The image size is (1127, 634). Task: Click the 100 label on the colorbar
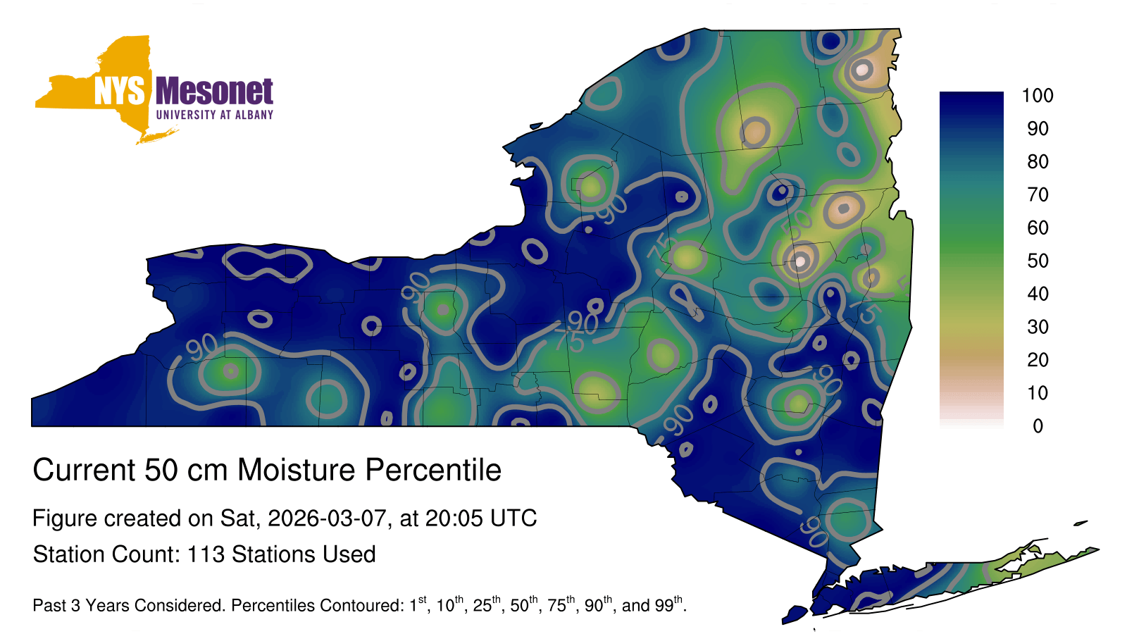1038,96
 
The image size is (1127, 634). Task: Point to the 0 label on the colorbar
1038,426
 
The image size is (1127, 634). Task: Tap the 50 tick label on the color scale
1038,261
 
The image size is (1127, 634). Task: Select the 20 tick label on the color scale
1038,360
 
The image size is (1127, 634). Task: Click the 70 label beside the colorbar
1038,194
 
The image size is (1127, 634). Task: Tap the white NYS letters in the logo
119,91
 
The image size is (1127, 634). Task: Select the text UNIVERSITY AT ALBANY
215,115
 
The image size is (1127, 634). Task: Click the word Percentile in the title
433,470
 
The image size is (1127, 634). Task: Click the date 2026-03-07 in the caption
327,518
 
